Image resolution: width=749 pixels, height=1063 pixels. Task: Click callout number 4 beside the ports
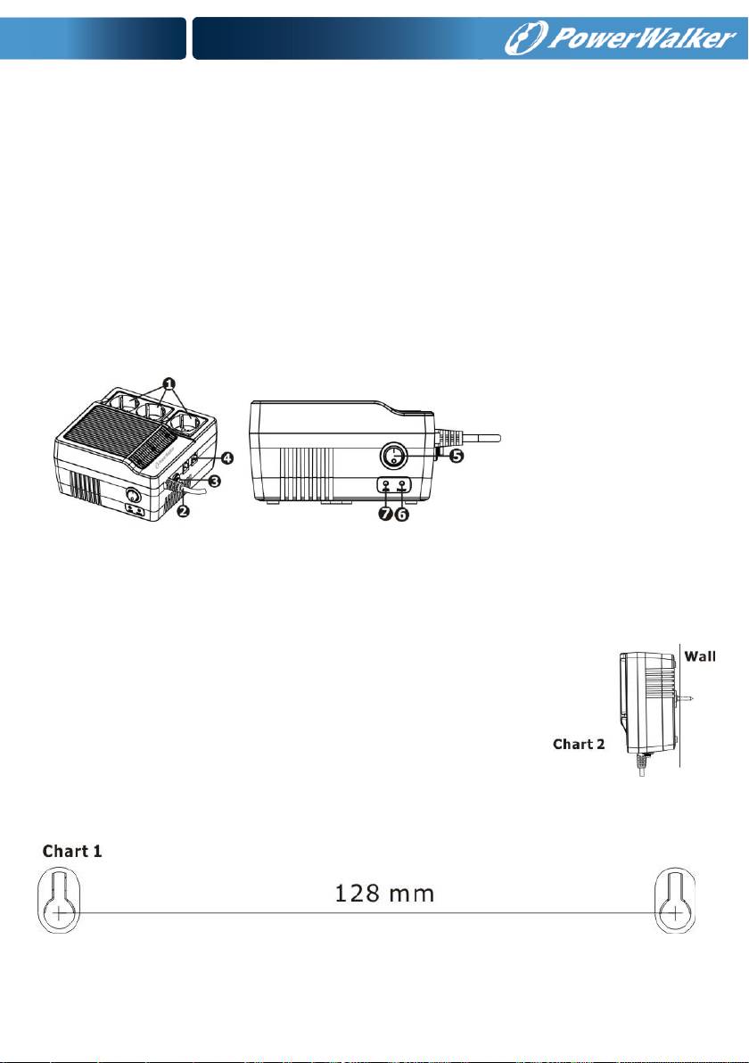tap(227, 458)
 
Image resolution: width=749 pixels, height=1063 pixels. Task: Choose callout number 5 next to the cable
tap(455, 454)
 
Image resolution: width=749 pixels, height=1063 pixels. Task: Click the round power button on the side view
tap(394, 457)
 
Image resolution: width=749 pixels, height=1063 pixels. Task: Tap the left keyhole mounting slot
tap(59, 901)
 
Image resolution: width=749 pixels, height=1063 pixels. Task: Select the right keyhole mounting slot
tap(677, 901)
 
